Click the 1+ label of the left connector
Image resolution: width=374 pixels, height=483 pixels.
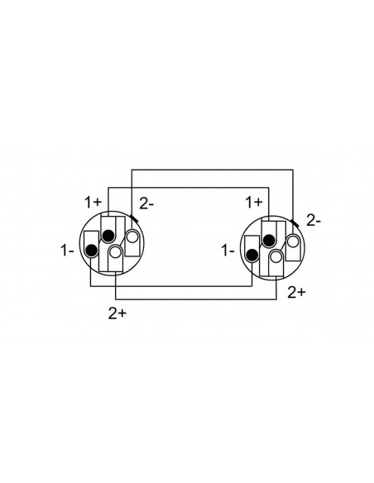tap(93, 203)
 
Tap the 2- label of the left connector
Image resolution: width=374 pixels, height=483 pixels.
tap(146, 204)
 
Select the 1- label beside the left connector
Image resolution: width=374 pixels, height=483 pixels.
tap(67, 251)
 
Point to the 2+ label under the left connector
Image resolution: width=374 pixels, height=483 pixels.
tap(117, 313)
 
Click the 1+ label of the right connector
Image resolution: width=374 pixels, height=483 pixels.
tap(254, 203)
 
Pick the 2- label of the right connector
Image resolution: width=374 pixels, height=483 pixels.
tap(314, 221)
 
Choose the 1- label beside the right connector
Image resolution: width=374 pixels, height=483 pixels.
tap(228, 251)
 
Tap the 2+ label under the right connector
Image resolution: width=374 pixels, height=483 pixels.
tap(296, 292)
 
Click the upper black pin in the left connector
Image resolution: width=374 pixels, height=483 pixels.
tap(108, 236)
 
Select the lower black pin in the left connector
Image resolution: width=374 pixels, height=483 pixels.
tap(92, 251)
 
